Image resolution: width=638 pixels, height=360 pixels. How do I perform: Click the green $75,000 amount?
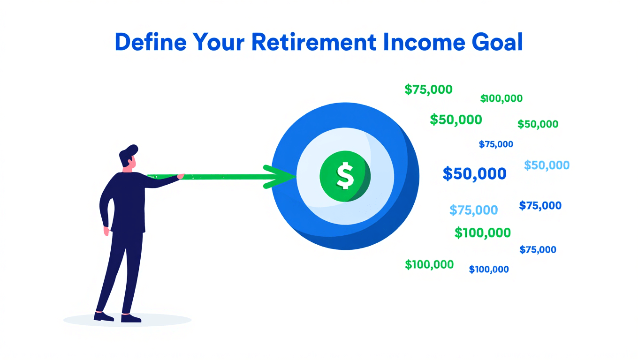pos(428,89)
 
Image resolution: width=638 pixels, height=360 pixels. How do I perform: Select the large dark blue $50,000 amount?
pos(474,174)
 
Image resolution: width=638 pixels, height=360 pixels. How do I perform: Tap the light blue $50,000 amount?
pos(547,165)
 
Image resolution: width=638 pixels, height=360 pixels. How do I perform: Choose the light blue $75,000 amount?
pos(473,210)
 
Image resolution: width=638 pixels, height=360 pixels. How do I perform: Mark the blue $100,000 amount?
pos(489,270)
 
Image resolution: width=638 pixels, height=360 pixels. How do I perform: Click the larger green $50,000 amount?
pos(456,120)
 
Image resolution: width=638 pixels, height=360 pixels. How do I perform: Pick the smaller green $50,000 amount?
pos(538,124)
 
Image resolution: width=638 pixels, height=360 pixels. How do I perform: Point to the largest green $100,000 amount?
pos(483,232)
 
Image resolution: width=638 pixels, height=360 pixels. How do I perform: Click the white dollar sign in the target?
pos(345,176)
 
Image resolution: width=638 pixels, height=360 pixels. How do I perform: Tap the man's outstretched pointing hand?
pos(180,176)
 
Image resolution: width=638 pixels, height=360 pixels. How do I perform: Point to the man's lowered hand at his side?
pos(107,231)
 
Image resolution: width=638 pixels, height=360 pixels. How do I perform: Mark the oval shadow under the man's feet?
pos(127,320)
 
